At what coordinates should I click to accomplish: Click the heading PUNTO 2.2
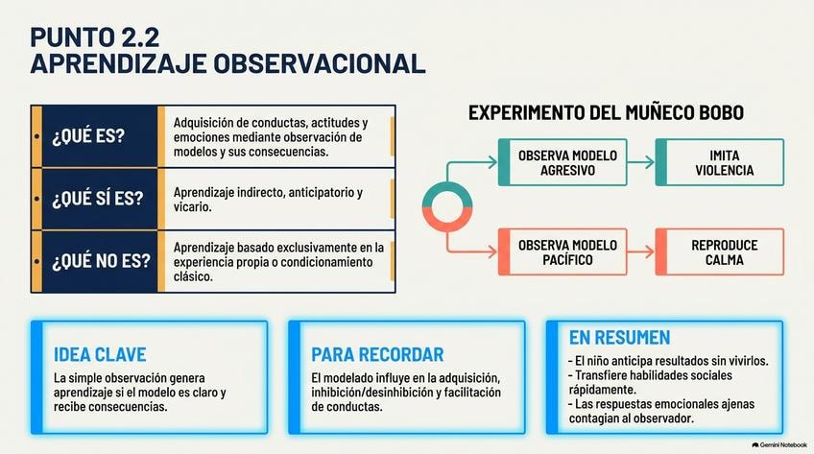pos(94,37)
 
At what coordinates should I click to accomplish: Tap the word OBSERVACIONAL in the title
pos(320,63)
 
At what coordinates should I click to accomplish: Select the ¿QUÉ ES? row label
pos(88,136)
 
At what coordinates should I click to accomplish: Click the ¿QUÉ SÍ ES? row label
pos(97,198)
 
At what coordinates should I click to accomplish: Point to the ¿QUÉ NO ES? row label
pos(100,260)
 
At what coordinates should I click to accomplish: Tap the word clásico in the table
pos(193,276)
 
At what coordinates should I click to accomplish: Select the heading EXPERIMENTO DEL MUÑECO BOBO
pos(606,112)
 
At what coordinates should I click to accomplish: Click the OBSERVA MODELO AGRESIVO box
pos(563,162)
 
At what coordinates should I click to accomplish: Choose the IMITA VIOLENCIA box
pos(720,162)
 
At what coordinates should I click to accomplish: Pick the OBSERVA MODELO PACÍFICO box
pos(563,251)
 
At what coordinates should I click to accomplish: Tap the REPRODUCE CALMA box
pos(720,251)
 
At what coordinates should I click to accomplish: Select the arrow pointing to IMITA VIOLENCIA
pos(641,162)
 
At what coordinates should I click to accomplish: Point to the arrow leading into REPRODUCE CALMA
pos(641,252)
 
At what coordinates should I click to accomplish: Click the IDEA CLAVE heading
pos(100,355)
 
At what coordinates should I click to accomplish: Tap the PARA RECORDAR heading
pos(377,355)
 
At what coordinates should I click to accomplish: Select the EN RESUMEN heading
pos(619,338)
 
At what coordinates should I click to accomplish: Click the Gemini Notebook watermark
pos(779,445)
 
